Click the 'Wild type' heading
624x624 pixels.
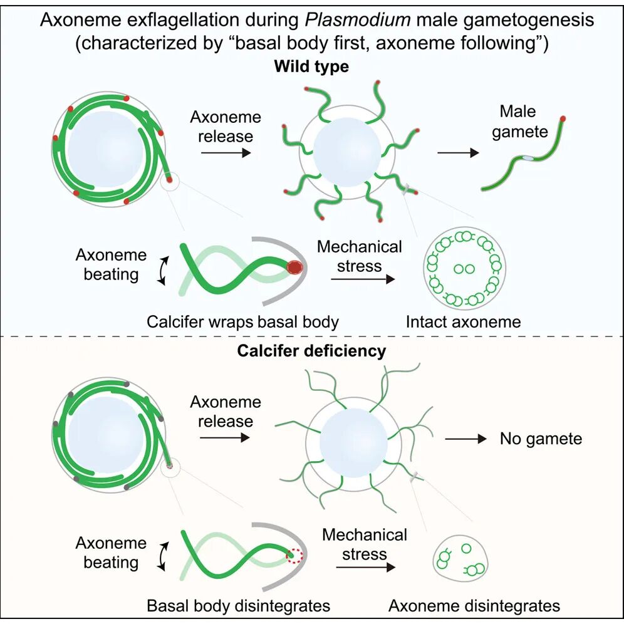click(x=311, y=66)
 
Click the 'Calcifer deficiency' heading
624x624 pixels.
click(x=311, y=351)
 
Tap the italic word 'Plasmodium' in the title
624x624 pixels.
click(x=357, y=19)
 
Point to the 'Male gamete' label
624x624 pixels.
click(x=519, y=122)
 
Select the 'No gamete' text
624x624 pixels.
click(x=541, y=439)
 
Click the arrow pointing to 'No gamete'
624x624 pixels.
click(x=465, y=439)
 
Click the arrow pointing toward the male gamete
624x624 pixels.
click(x=458, y=152)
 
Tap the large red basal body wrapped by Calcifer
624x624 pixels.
click(x=295, y=267)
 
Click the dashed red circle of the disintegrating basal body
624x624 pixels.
click(x=295, y=554)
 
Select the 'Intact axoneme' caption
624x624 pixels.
click(x=463, y=322)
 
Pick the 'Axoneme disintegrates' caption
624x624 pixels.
click(x=474, y=606)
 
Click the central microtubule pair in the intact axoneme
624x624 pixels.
click(x=464, y=269)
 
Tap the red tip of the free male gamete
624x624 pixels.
click(x=563, y=118)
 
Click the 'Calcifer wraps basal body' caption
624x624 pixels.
click(x=242, y=322)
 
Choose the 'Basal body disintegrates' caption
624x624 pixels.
click(x=238, y=606)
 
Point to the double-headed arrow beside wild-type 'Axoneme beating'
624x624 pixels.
click(x=161, y=270)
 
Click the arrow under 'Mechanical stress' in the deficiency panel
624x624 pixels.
click(x=366, y=567)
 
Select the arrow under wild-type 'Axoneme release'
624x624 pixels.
click(x=226, y=152)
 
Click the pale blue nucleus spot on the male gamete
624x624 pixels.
click(x=528, y=159)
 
